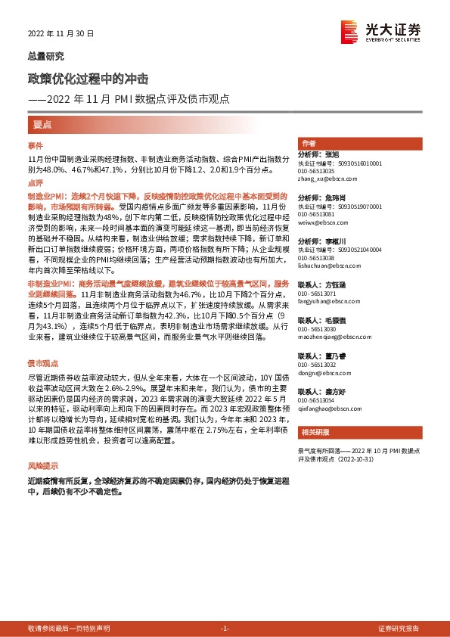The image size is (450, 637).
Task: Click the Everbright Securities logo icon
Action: tap(349, 30)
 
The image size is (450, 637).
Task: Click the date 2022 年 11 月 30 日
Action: tap(61, 33)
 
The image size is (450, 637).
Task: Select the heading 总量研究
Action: tap(45, 57)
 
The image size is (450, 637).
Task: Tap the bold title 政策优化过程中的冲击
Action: tap(88, 79)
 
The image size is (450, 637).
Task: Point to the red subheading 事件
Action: tap(35, 144)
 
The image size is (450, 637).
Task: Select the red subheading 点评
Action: tap(35, 182)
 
